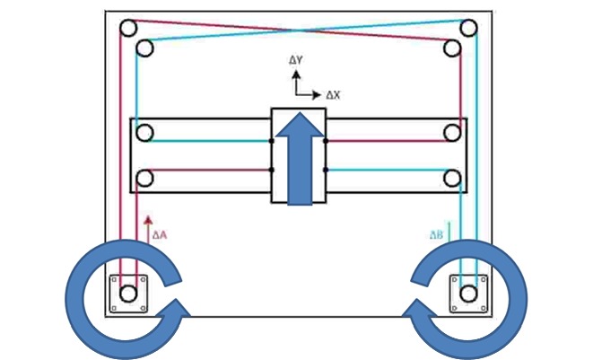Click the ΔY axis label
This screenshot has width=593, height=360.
click(296, 60)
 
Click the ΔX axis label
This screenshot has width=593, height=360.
click(333, 95)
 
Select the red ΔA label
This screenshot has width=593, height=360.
click(160, 235)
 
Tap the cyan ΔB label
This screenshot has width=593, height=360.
click(436, 235)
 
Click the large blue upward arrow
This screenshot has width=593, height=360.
click(300, 159)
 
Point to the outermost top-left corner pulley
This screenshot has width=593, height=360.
click(128, 28)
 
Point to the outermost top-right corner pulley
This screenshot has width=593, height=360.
click(469, 28)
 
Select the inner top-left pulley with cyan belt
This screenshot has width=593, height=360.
click(144, 48)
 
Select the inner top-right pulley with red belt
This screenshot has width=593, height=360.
click(452, 48)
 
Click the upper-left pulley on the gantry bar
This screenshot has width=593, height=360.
click(144, 133)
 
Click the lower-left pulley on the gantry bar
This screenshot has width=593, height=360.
click(144, 179)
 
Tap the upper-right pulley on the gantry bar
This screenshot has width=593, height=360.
click(452, 133)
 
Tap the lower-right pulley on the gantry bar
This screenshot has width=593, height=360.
click(452, 179)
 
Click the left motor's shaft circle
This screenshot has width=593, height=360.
click(128, 294)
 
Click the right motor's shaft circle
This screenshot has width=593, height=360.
click(469, 294)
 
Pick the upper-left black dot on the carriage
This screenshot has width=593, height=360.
click(271, 141)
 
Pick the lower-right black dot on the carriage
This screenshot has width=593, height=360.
click(326, 170)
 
